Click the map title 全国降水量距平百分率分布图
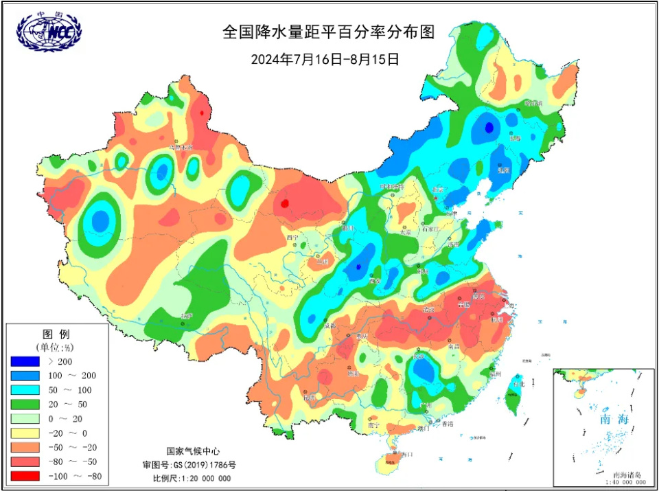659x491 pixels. coord(329,32)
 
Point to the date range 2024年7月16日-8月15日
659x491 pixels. coord(325,59)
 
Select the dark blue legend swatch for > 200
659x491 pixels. coord(25,361)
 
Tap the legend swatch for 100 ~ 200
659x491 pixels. coord(25,376)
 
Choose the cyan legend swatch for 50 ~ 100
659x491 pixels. coord(25,390)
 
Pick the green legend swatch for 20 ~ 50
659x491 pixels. coord(25,404)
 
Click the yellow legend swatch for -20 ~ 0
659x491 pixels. coord(25,433)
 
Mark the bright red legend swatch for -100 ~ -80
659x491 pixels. coord(25,476)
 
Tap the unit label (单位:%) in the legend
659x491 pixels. coord(55,347)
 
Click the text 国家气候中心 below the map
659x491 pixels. coord(193,451)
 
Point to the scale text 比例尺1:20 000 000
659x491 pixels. coord(192,478)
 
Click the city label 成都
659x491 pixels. coord(330,326)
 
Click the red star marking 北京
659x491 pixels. coord(435,198)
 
